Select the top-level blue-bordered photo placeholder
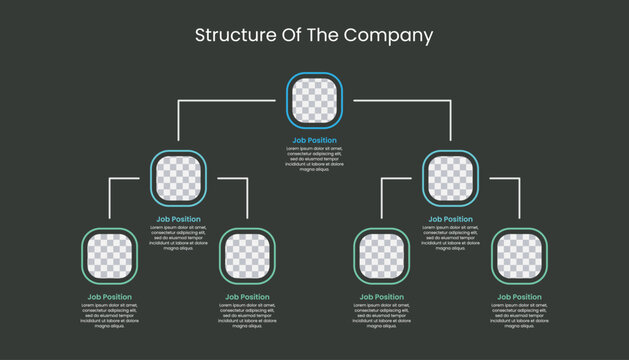[314, 101]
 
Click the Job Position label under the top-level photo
[314, 141]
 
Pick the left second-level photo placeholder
[178, 178]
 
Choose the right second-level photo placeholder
[450, 178]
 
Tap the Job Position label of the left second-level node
[178, 219]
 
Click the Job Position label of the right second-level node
[450, 219]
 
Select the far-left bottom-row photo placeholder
[109, 256]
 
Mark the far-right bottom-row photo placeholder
[519, 256]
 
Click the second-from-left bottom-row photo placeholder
[247, 256]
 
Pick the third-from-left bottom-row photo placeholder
[381, 256]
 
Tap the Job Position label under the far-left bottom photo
[109, 297]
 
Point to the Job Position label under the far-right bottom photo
[519, 297]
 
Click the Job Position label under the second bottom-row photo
[247, 297]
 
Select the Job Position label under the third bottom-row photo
[381, 297]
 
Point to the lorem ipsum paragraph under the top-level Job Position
[314, 159]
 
